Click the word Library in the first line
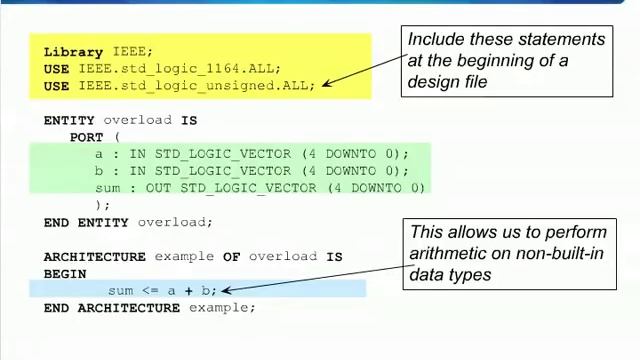coord(73,52)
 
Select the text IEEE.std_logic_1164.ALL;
coord(180,69)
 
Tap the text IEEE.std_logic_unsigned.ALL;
coord(197,86)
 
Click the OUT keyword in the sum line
coord(158,188)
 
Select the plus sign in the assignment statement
coord(187,291)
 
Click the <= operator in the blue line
coord(149,291)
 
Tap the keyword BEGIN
coord(65,274)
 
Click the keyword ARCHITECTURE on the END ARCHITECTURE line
coord(129,308)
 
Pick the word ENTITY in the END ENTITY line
coord(103,222)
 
